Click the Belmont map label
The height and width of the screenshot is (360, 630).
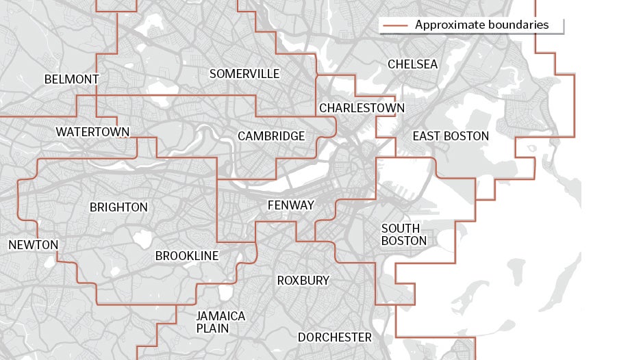71,79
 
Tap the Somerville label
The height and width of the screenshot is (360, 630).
244,73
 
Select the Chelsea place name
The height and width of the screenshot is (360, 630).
412,64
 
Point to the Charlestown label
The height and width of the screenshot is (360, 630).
362,108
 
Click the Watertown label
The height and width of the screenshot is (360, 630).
93,131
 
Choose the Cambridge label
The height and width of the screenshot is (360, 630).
271,136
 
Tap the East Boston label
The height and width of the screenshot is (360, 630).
451,136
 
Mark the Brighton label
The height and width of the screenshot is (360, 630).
118,207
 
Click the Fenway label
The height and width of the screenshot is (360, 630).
290,205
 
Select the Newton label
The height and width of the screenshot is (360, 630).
33,244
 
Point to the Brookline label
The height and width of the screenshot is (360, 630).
187,256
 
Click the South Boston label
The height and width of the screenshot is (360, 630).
404,234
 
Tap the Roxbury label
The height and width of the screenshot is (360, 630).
303,281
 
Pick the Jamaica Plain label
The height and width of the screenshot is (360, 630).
220,322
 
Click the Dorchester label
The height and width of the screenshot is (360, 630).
334,337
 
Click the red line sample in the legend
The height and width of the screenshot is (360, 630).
395,25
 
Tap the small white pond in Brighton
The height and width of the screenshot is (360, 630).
142,240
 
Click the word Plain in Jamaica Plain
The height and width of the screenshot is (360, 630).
212,329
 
